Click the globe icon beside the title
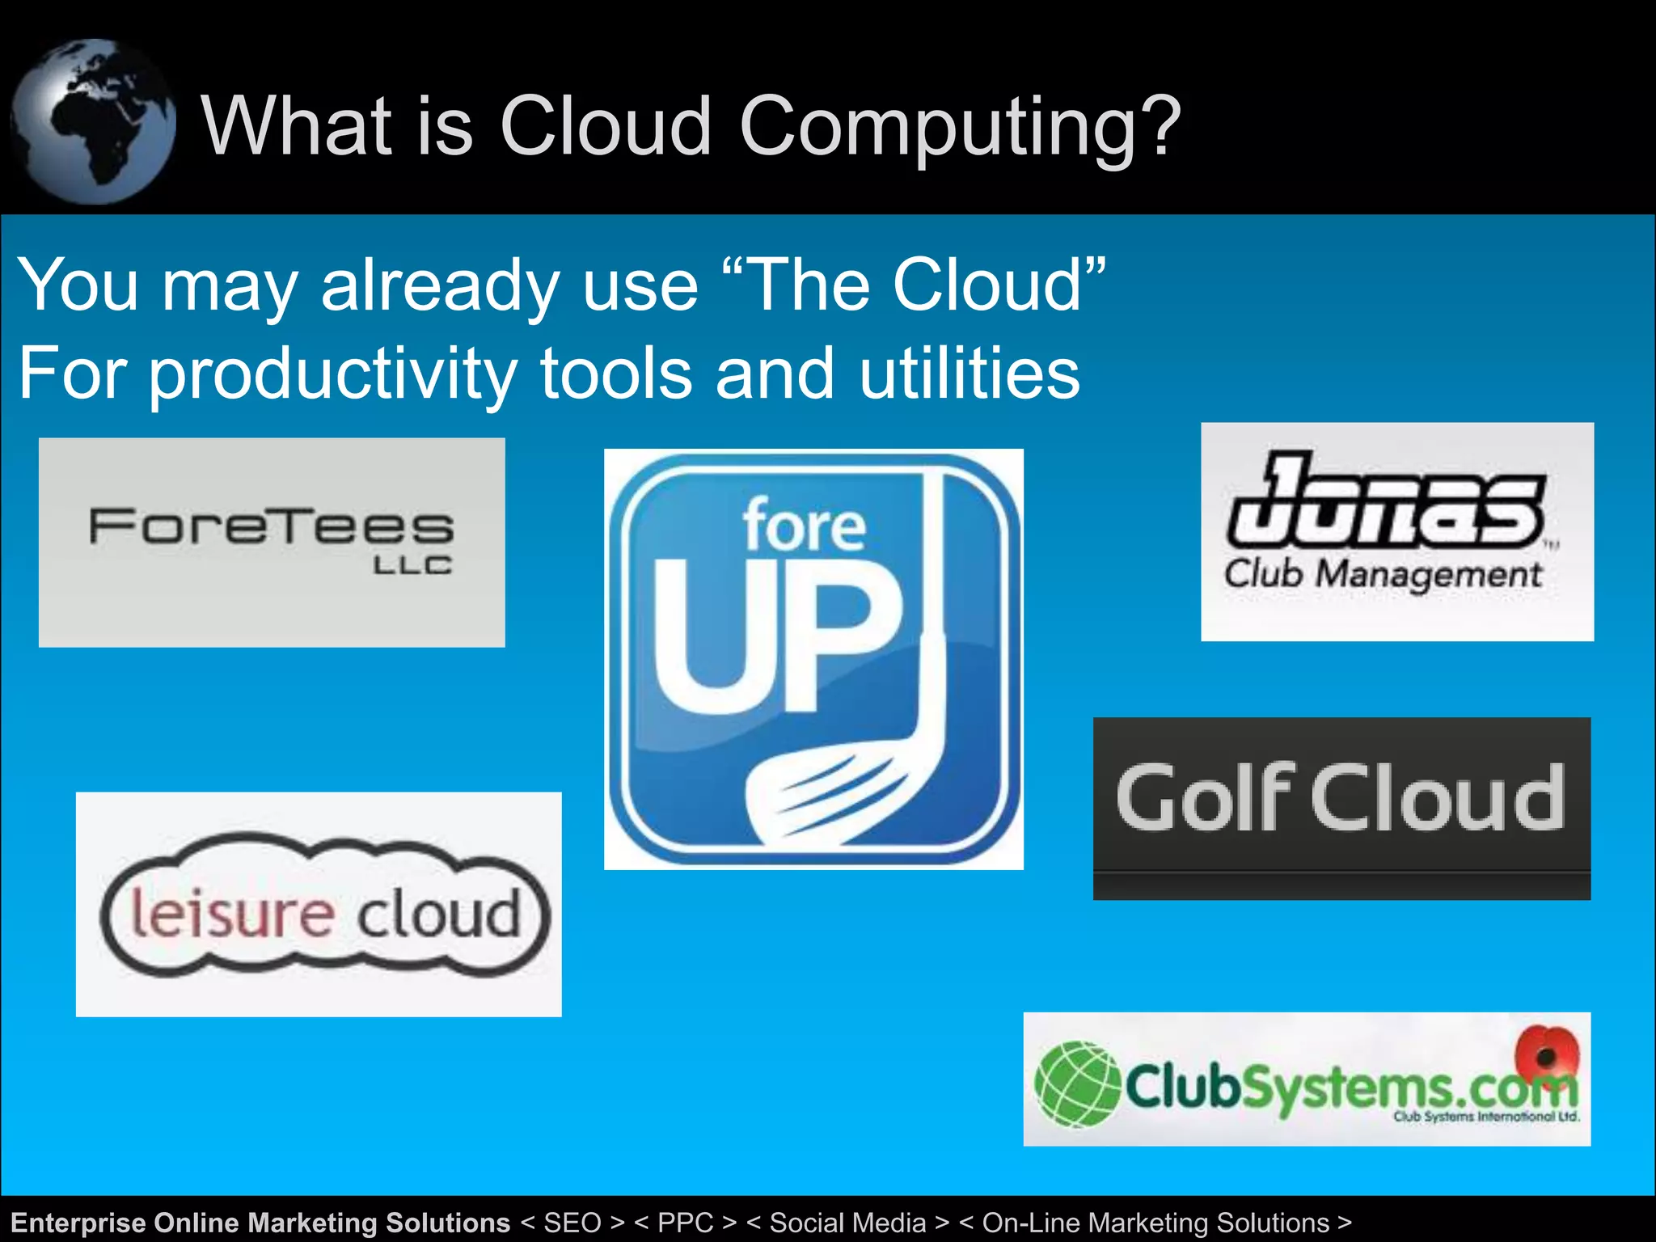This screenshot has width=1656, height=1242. pos(93,121)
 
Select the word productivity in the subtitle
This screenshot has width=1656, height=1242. pos(332,375)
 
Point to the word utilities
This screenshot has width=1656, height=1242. pos(969,374)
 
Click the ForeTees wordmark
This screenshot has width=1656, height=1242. pos(272,526)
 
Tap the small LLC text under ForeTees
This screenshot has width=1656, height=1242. pos(412,566)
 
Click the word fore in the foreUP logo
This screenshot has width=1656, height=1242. pos(805,526)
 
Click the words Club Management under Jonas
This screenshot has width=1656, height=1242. pos(1383,575)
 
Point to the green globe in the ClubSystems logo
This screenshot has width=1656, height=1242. pos(1077,1084)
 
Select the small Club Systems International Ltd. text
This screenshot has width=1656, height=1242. pos(1485,1117)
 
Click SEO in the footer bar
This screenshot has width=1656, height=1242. pos(572,1223)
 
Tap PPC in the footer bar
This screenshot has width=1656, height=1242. pos(686,1223)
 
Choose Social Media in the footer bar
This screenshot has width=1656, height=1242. pos(847,1223)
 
